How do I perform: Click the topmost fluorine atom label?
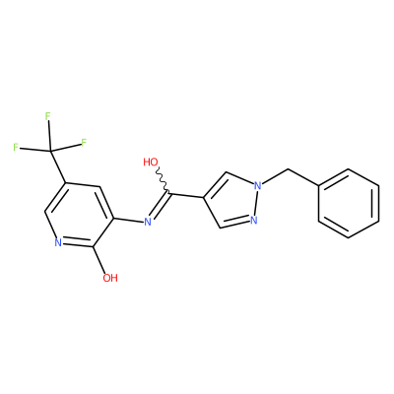48,116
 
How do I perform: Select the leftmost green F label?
16,148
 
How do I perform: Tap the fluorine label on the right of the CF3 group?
84,143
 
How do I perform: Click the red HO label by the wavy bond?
151,162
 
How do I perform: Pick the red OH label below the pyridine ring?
110,278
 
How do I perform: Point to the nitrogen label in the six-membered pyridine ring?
58,243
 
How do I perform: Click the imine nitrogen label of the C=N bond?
148,223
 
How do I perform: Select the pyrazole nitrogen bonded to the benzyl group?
258,186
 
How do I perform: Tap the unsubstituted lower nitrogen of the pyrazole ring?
253,220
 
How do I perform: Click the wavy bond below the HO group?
163,179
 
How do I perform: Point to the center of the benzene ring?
349,203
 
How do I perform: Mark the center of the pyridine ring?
80,214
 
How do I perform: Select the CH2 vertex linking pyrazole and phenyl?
288,169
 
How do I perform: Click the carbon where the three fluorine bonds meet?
51,151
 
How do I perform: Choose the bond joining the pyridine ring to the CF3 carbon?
58,166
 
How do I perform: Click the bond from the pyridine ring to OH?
98,259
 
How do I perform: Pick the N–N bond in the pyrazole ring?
256,203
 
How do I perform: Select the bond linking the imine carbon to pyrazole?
186,195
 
